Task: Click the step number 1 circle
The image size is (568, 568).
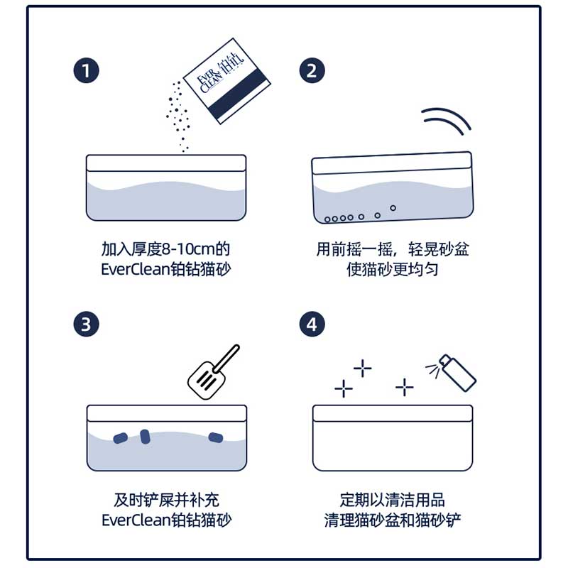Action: (85, 70)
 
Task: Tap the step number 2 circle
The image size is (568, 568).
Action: (312, 70)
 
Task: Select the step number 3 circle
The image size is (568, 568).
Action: (85, 324)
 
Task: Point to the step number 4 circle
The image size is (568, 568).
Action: (312, 324)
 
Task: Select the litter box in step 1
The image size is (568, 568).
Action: (166, 187)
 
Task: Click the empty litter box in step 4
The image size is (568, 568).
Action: (393, 437)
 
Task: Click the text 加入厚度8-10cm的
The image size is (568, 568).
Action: (166, 250)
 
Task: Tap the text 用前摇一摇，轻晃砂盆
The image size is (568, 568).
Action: (393, 250)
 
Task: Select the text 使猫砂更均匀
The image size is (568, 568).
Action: (393, 271)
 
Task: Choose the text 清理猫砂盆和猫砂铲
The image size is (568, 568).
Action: (393, 520)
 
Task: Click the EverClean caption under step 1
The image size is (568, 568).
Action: (166, 271)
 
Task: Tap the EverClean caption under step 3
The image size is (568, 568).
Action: (166, 520)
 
